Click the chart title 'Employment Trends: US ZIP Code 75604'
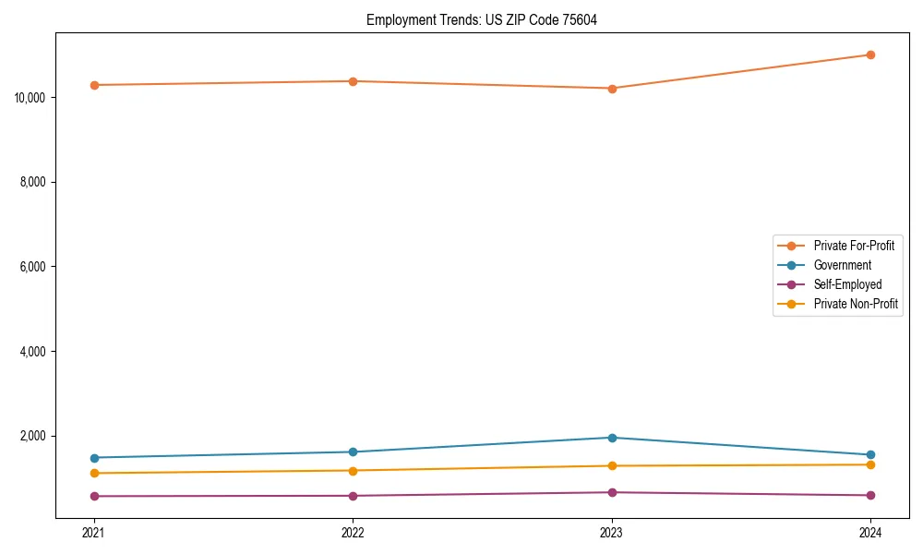tap(482, 19)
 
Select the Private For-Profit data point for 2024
tap(870, 54)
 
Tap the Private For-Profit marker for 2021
tap(93, 85)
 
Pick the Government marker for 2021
tap(93, 458)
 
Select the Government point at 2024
tap(870, 454)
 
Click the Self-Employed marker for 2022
tap(353, 496)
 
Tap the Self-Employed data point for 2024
tap(870, 495)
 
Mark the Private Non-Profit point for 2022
tap(353, 471)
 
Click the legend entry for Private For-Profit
tap(853, 246)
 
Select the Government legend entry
tap(842, 265)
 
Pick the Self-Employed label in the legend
tap(847, 284)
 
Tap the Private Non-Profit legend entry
tap(856, 304)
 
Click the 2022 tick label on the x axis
tap(353, 532)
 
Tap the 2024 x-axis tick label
tap(870, 532)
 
